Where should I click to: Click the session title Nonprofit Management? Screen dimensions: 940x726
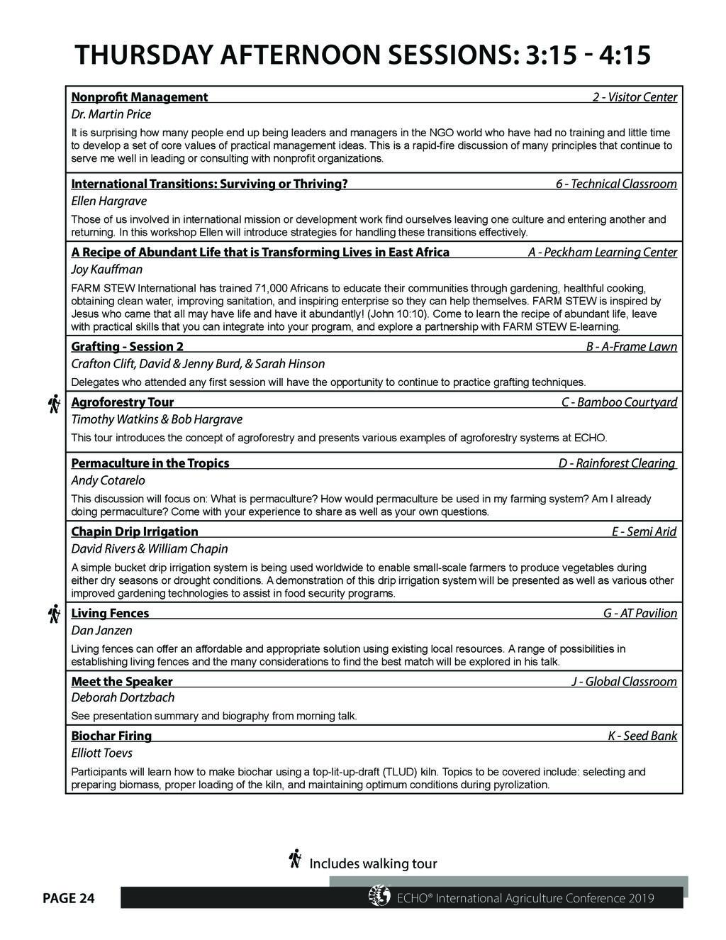(140, 97)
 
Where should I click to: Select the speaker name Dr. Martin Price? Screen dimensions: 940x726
(111, 114)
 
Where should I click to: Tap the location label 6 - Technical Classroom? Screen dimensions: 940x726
(616, 184)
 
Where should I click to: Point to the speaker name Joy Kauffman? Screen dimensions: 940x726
(107, 270)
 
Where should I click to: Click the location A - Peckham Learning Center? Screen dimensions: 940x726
(603, 253)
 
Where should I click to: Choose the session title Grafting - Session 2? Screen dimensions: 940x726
(128, 347)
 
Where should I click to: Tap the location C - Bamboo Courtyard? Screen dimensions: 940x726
(619, 402)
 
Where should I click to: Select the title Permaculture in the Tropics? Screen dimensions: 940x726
(150, 463)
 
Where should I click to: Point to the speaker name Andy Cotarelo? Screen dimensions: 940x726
(108, 480)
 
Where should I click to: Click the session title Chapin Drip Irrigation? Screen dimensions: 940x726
(135, 532)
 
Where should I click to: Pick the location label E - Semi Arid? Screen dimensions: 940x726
(644, 532)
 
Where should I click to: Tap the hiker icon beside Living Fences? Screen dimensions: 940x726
(53, 614)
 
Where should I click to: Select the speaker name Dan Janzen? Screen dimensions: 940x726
(102, 630)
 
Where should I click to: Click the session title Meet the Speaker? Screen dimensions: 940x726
(122, 682)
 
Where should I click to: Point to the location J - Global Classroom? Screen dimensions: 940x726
(624, 682)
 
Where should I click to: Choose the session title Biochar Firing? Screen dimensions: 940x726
(111, 736)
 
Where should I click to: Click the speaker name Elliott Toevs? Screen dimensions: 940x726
(102, 753)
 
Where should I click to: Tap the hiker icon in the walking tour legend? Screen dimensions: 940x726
(296, 859)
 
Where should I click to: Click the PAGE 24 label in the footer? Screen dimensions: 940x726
(69, 899)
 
